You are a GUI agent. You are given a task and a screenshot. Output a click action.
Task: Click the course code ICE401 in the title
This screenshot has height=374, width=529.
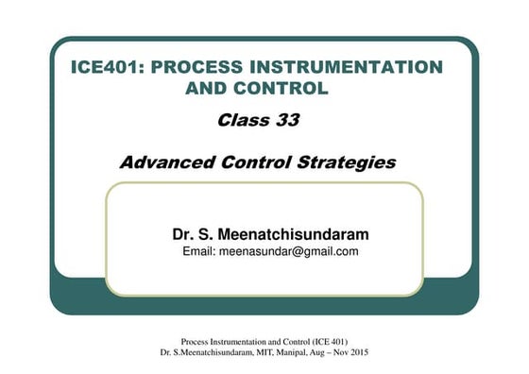point(107,68)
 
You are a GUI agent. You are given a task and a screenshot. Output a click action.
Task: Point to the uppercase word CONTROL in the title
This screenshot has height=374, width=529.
point(283,89)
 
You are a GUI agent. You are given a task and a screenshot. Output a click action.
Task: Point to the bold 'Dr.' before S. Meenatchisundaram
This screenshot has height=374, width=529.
point(183,233)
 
